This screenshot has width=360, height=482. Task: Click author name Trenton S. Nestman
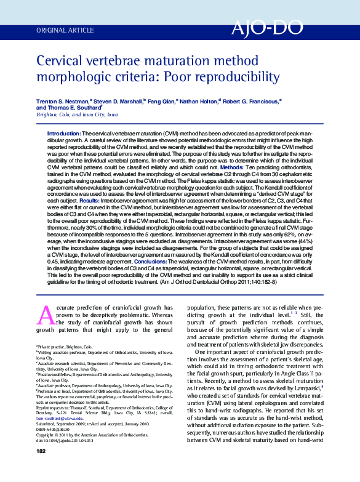(63, 100)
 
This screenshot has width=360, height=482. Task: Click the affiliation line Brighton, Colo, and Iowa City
(77, 115)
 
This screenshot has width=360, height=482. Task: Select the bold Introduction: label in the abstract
(64, 134)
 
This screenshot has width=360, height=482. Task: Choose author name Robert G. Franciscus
(253, 100)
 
